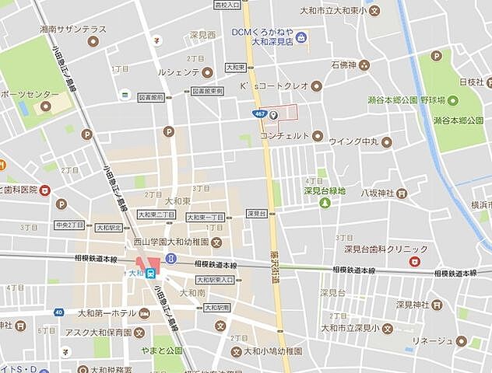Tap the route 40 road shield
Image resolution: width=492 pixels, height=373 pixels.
coord(58,312)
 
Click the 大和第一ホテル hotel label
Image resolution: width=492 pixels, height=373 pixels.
coord(107,313)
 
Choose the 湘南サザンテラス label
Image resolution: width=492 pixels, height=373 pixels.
coord(75,29)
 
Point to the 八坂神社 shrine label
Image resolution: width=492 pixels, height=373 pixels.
coord(378,193)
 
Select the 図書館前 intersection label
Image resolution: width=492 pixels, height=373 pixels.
coord(150,98)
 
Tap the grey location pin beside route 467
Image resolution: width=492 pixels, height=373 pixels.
coord(273,113)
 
